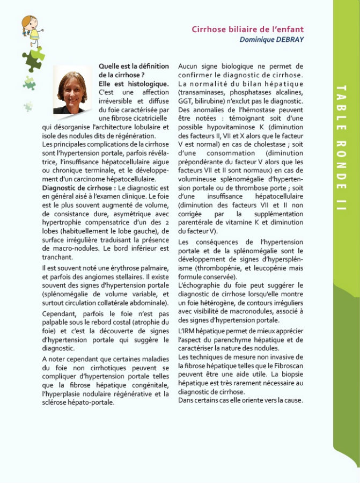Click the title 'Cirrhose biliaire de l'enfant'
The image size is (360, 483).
247,29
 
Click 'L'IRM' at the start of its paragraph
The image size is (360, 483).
187,332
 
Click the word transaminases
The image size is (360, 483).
204,92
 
